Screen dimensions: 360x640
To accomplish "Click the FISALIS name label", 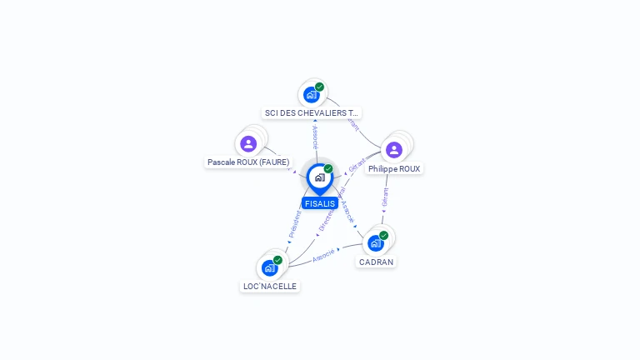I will (x=320, y=203).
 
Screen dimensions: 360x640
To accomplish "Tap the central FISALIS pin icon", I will (x=319, y=177).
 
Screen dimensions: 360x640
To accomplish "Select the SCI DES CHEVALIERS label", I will (x=312, y=112).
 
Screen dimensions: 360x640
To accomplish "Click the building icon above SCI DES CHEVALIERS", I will (x=311, y=95).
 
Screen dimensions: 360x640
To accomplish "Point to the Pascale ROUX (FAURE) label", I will (x=248, y=162).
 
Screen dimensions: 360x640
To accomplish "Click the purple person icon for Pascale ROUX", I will (x=248, y=144).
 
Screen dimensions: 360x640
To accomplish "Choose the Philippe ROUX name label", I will (x=394, y=168).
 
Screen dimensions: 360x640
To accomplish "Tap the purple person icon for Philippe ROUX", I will (x=394, y=150).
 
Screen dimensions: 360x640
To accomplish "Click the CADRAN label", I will (x=376, y=262).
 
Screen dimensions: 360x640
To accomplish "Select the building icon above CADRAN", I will (x=375, y=243).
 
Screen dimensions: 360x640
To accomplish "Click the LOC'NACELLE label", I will (x=269, y=286).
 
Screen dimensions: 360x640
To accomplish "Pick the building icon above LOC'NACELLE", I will (x=269, y=267).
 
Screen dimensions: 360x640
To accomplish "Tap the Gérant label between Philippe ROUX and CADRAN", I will (x=385, y=197).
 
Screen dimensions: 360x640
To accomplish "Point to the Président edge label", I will (x=295, y=224).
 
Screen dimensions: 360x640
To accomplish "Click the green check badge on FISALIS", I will (x=328, y=169).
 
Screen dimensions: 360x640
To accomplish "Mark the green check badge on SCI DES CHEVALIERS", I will (x=320, y=87).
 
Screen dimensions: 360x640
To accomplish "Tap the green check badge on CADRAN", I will (x=384, y=235).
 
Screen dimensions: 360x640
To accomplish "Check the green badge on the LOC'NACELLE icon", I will (x=277, y=260).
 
